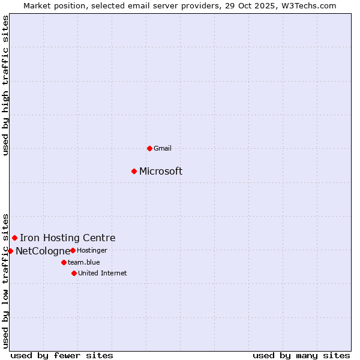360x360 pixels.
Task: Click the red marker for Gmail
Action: pos(149,148)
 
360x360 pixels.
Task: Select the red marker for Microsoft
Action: pos(134,171)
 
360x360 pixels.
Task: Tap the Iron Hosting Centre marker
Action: pos(14,238)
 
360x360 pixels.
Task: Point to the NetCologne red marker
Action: pos(10,251)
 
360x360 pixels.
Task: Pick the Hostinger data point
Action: pos(73,250)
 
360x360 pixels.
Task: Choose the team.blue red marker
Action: pos(64,262)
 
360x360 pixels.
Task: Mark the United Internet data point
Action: pos(74,273)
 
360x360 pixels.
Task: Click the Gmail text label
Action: pos(163,148)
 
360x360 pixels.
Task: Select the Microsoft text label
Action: pos(161,171)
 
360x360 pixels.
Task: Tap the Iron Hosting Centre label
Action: pos(67,238)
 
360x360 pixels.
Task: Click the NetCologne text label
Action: pos(43,251)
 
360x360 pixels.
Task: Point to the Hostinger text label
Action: pos(92,250)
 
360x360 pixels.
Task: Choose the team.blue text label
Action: pos(83,262)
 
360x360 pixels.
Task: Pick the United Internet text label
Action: pos(102,273)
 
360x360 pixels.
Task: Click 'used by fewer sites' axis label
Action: pos(62,355)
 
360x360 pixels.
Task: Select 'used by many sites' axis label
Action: pos(301,355)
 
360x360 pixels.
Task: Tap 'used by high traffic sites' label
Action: pos(6,85)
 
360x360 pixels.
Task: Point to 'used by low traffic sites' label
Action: pos(6,280)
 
